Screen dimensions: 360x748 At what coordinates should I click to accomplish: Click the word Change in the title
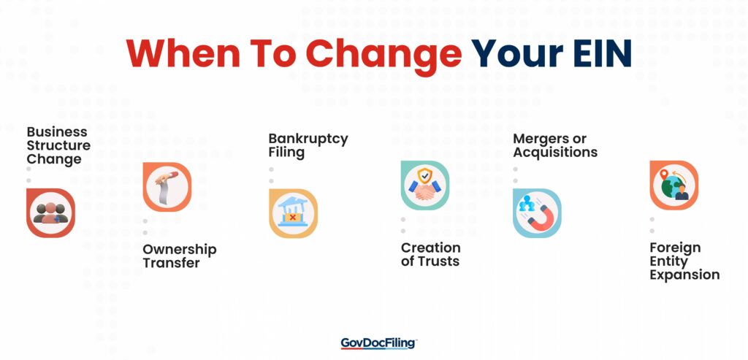tap(384, 53)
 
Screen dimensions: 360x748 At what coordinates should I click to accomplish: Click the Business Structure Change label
tap(58, 145)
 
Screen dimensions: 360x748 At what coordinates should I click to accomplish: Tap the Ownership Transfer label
tap(179, 256)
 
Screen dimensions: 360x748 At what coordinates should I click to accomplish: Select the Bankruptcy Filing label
tap(308, 145)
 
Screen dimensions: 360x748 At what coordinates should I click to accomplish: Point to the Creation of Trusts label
tap(430, 254)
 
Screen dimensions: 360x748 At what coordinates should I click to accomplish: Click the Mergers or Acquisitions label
tap(554, 145)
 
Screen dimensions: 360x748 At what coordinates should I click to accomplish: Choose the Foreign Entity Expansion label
tap(684, 261)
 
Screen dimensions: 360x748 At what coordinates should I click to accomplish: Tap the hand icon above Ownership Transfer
tap(167, 187)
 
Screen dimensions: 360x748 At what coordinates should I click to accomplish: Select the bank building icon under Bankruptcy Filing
tap(293, 213)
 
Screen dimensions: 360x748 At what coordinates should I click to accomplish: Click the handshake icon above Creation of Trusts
tap(424, 185)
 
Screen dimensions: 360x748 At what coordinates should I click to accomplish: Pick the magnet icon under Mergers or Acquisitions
tap(537, 213)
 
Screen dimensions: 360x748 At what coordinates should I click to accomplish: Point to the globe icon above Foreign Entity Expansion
tap(673, 185)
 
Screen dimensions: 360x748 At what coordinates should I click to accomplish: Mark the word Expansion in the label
tap(684, 275)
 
